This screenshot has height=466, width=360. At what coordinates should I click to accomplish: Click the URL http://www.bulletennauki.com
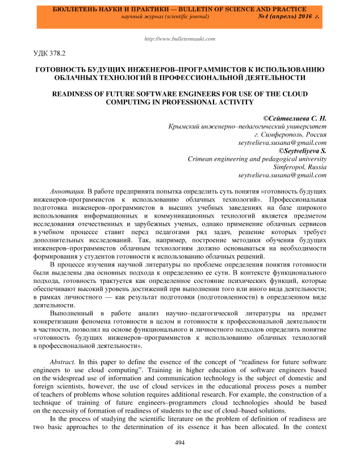point(180,39)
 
